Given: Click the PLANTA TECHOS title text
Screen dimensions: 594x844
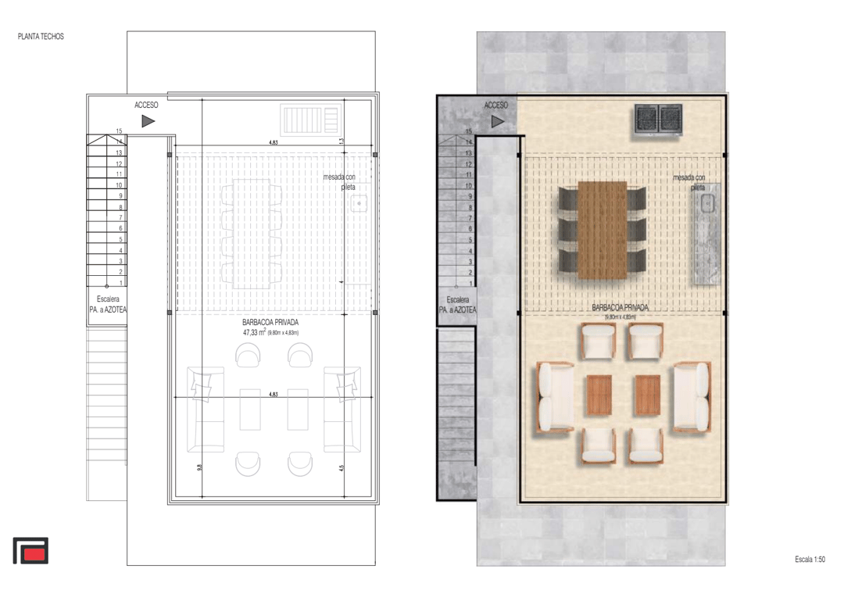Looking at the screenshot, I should [41, 37].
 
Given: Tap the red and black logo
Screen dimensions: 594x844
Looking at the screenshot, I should [30, 550].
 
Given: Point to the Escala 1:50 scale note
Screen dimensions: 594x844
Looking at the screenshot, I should [810, 560].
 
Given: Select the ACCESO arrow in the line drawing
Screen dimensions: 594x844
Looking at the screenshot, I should [148, 120].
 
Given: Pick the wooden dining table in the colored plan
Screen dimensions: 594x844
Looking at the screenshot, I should [602, 230].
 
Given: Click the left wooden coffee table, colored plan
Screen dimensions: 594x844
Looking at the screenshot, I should [599, 395].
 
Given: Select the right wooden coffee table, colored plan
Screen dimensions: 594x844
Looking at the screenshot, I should [647, 395].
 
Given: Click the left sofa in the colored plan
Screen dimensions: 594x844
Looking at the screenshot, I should [553, 397].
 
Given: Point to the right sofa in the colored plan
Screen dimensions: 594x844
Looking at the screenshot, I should [693, 397].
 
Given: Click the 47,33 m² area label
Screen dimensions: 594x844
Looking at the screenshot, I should [255, 332].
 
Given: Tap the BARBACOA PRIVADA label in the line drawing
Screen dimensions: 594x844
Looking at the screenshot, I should [270, 321].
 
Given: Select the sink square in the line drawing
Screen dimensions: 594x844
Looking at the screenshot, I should [359, 204].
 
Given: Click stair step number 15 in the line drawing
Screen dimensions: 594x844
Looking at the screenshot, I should [119, 131].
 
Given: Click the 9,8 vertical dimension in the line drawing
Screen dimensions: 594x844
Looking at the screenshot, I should [200, 467].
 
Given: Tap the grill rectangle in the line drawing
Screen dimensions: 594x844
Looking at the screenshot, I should [311, 122].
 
